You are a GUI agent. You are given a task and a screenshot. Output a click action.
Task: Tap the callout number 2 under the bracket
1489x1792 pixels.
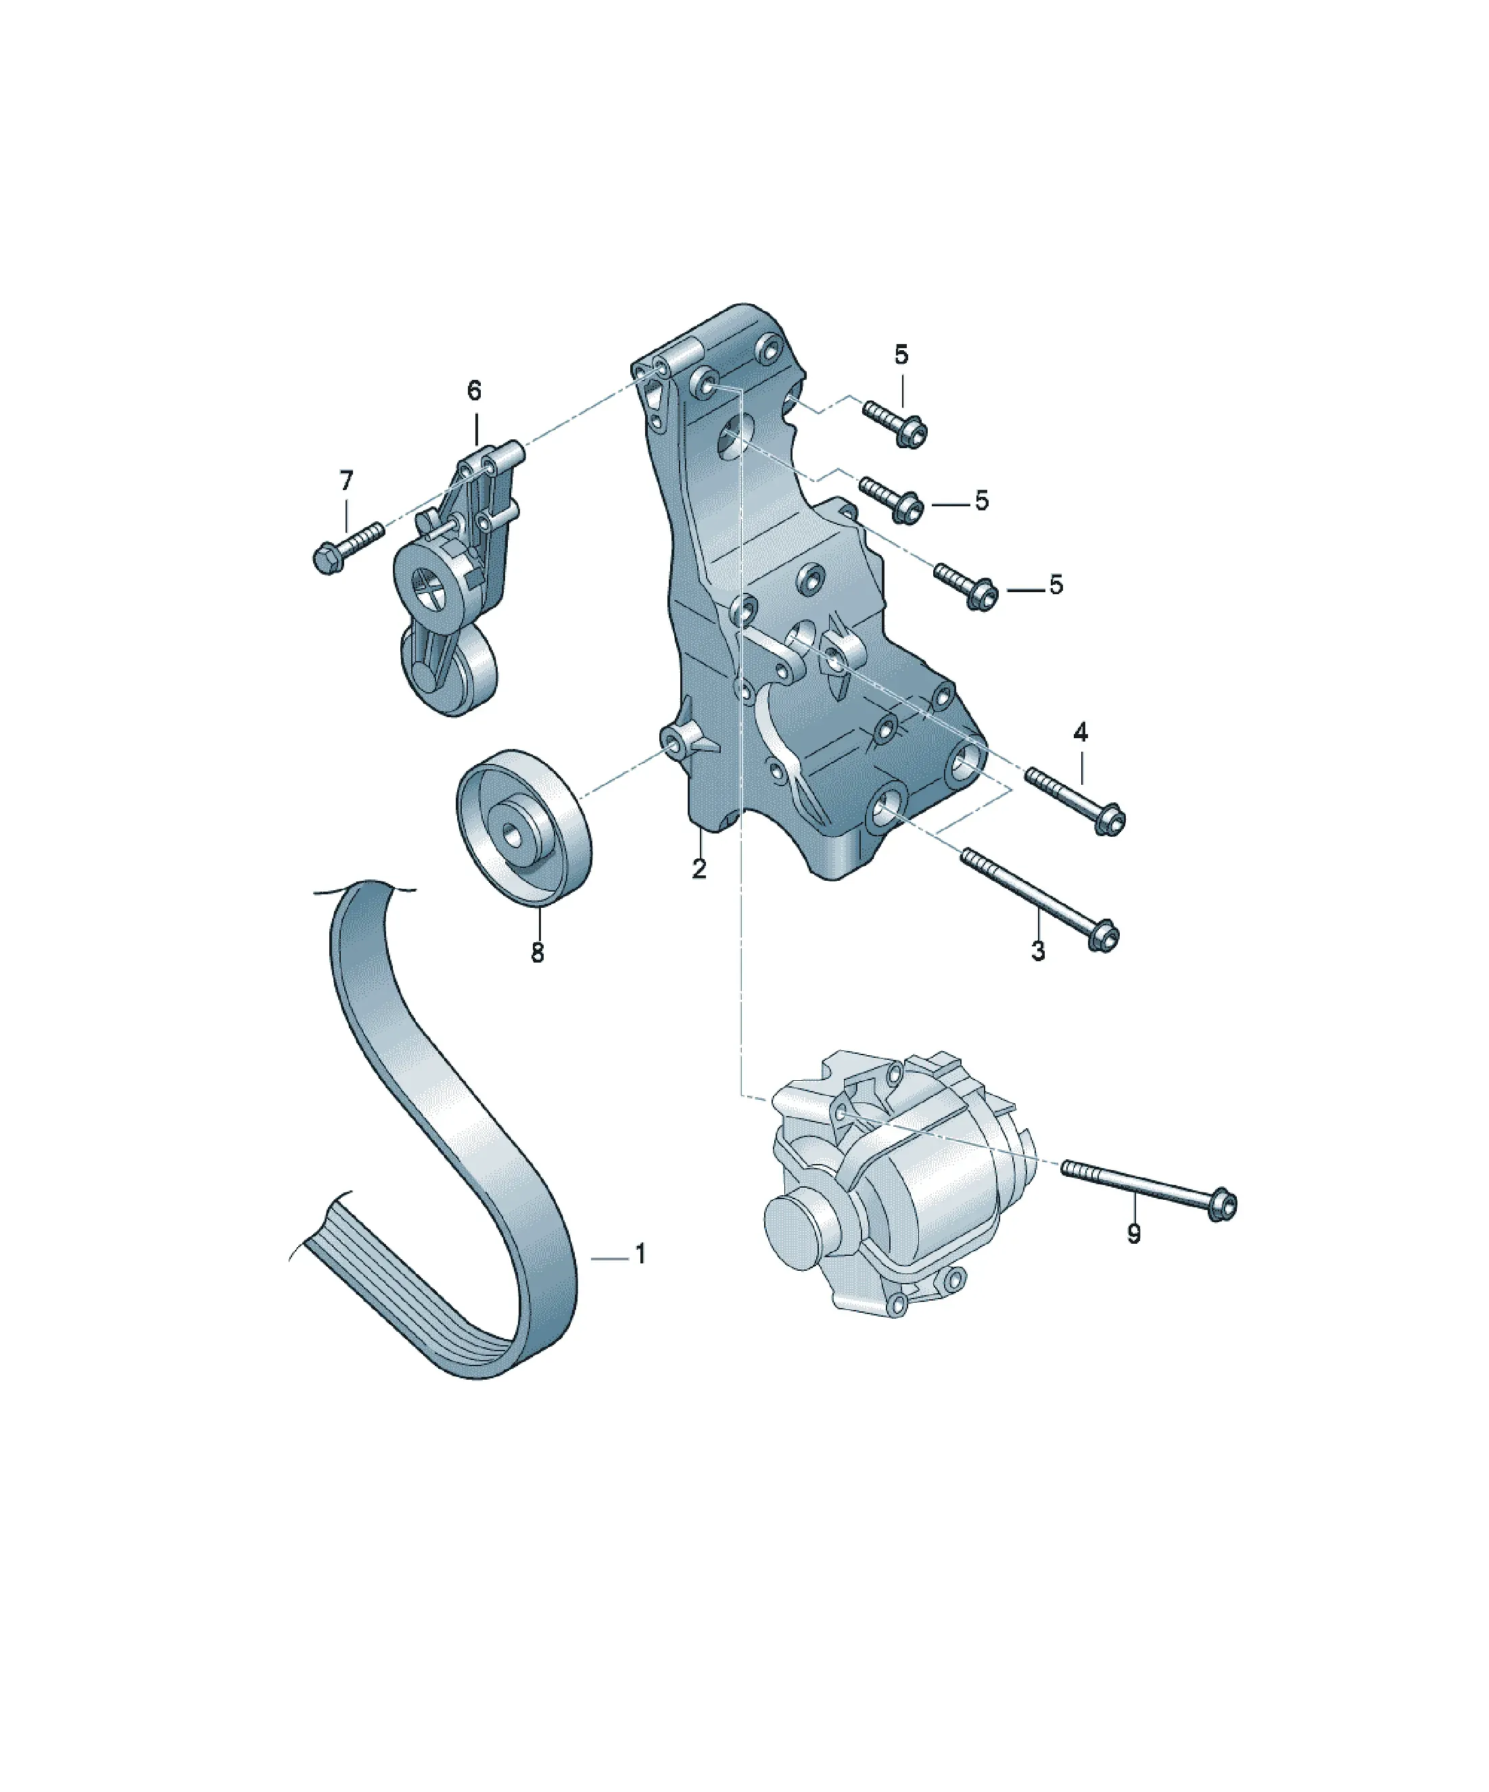tap(699, 869)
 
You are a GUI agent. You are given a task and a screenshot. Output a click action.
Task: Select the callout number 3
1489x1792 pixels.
tap(1038, 950)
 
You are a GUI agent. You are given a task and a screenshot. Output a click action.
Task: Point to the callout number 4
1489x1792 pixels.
tap(1081, 731)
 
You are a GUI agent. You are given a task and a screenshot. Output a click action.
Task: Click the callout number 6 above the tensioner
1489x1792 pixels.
tap(474, 390)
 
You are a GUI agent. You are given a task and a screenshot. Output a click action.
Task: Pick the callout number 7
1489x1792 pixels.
tap(346, 481)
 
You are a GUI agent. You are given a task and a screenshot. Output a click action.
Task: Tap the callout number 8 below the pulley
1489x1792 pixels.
tap(537, 952)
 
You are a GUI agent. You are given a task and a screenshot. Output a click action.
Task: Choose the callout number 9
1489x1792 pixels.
tap(1134, 1233)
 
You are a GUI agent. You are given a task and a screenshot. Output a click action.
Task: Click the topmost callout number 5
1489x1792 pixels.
tap(901, 354)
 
